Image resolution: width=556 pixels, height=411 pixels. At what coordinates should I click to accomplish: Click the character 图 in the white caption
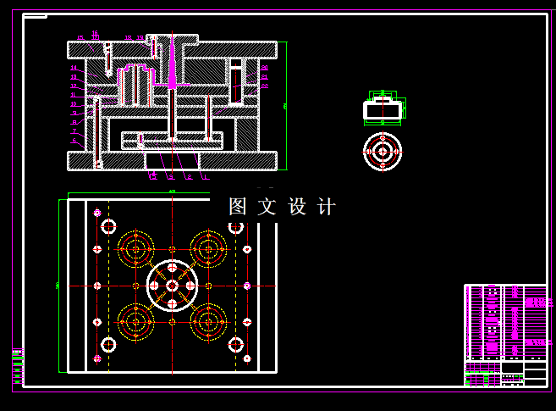tap(238, 207)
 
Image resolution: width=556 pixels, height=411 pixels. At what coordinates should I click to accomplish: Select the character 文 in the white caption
tap(267, 207)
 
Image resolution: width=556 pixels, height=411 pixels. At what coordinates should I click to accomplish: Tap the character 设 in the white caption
tap(297, 207)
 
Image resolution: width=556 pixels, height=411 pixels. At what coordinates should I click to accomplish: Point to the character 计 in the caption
tap(327, 207)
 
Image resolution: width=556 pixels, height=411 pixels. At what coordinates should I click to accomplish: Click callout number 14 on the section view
tap(74, 68)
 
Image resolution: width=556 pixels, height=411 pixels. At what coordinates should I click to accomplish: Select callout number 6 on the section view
tap(74, 141)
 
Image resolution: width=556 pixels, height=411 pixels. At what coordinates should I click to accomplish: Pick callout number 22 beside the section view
tap(264, 76)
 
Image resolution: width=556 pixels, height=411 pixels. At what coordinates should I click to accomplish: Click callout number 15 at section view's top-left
tap(80, 38)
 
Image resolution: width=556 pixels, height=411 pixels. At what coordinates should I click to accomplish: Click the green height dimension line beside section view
tap(286, 106)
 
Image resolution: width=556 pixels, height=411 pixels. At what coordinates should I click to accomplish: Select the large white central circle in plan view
tap(172, 286)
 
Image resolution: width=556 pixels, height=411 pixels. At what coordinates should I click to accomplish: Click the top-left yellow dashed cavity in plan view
tap(135, 249)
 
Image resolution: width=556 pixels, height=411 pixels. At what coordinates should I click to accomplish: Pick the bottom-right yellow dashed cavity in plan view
tap(208, 322)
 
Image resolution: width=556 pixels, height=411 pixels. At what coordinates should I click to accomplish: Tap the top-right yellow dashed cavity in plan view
tap(208, 249)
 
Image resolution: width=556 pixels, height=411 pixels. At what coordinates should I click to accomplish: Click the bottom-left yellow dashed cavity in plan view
tap(135, 322)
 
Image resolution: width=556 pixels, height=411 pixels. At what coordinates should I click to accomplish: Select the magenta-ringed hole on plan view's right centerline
tap(246, 286)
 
